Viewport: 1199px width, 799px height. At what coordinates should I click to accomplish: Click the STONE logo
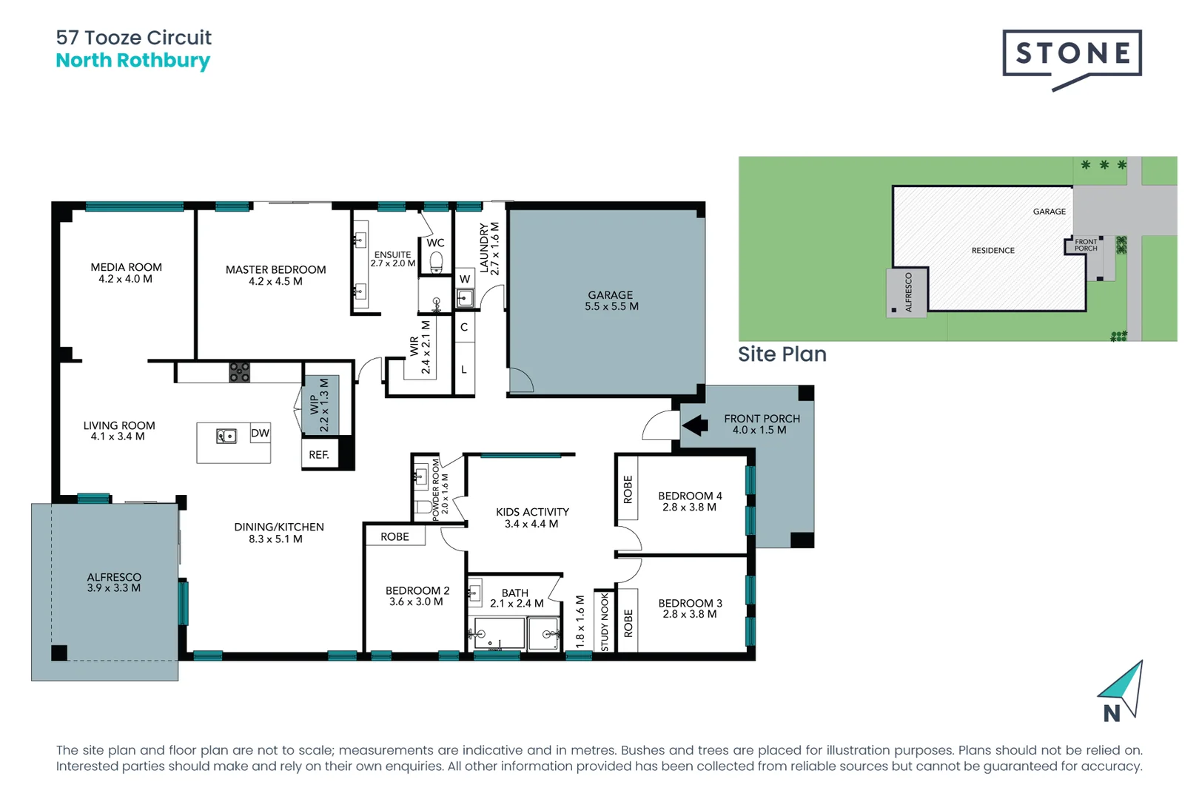click(1072, 54)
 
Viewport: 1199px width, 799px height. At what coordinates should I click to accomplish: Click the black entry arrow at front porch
click(694, 425)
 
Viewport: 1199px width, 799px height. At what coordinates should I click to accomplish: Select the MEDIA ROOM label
click(126, 273)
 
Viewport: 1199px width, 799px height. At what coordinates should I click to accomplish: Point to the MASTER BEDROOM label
click(275, 275)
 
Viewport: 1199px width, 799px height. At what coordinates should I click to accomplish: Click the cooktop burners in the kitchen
click(239, 371)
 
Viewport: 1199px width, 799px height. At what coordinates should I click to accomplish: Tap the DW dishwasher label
click(260, 434)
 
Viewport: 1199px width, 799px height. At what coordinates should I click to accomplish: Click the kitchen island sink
click(226, 436)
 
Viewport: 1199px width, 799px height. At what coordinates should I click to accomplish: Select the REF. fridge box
click(319, 454)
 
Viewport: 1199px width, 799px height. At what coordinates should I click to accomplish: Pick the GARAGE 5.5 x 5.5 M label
click(611, 300)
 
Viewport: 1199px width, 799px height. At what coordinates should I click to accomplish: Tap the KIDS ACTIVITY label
click(532, 517)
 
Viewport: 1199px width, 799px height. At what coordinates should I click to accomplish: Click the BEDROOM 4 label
click(690, 501)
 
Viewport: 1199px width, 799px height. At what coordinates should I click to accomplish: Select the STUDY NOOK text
click(605, 621)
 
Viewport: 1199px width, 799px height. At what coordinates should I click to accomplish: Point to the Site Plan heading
click(782, 354)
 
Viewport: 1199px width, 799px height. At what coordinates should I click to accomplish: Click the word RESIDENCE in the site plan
click(993, 251)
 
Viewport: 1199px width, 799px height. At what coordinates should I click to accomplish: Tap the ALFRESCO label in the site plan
click(909, 292)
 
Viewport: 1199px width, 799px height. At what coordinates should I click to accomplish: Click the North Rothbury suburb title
click(133, 61)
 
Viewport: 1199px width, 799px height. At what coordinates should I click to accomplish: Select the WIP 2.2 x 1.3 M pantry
click(320, 405)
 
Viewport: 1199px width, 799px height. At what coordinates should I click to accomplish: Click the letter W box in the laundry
click(465, 279)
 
